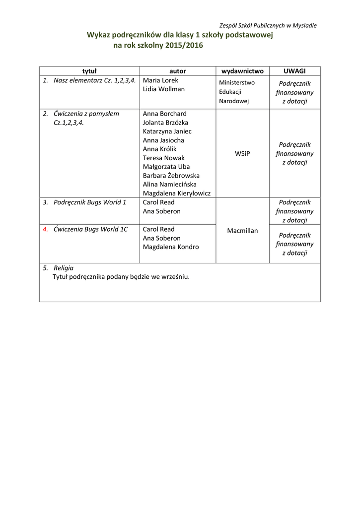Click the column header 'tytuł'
tap(89, 71)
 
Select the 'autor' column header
tap(177, 71)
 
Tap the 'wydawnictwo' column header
tap(242, 71)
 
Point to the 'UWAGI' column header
tap(294, 71)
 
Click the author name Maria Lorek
tap(160, 80)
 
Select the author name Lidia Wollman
tap(163, 89)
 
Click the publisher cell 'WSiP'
tap(242, 154)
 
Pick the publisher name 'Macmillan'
tap(242, 231)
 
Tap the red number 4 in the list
tap(45, 229)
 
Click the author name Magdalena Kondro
tap(171, 247)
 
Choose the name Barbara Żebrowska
tap(171, 176)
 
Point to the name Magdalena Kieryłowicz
tap(177, 193)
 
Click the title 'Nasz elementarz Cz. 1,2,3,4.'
tap(94, 80)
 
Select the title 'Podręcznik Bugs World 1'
tap(90, 202)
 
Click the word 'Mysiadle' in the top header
tap(304, 25)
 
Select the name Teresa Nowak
tap(163, 158)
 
